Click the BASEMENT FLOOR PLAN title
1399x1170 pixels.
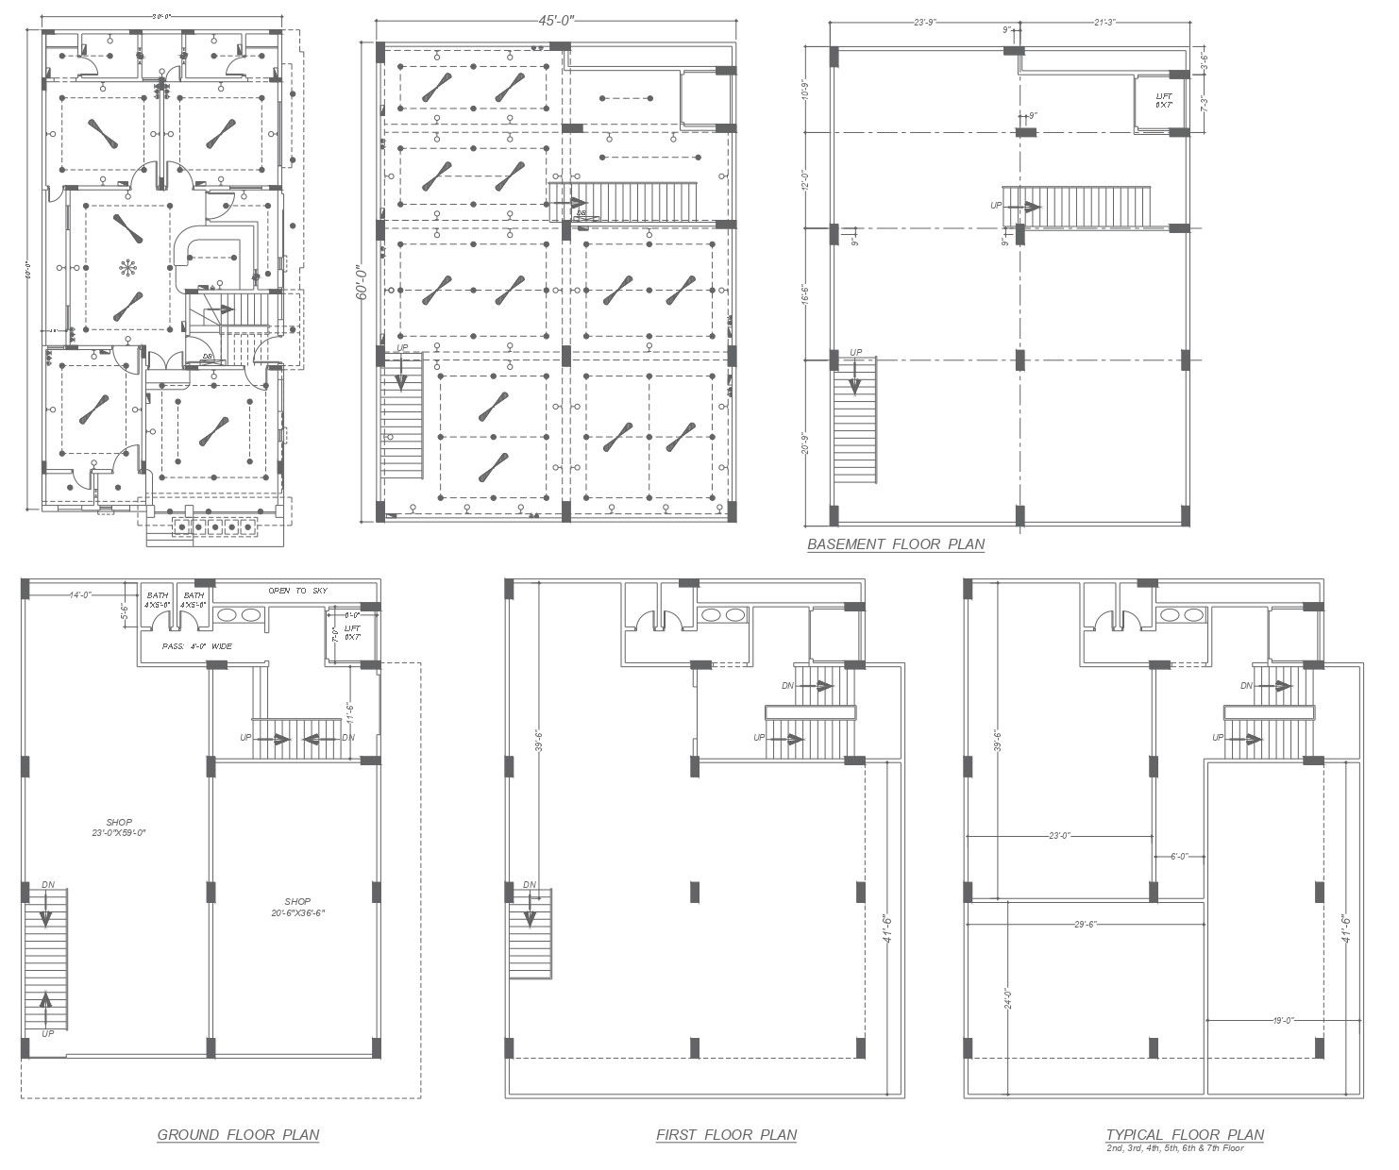pos(895,543)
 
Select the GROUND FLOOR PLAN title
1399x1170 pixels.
pos(238,1134)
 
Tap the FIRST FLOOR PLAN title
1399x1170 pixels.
pos(726,1134)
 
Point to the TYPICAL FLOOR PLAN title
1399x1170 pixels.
pos(1185,1134)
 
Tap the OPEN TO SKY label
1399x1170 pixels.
pos(297,591)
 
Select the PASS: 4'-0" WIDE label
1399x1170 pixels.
pos(196,646)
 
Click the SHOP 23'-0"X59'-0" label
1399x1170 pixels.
pos(119,827)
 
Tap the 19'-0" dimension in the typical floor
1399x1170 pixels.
pos(1282,1020)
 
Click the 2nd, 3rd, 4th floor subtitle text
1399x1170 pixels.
pos(1175,1148)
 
